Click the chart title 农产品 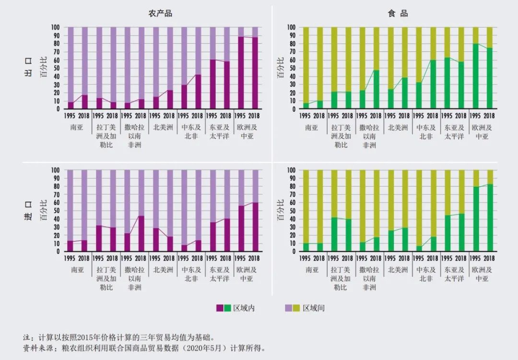coord(160,13)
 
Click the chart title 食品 coord(398,13)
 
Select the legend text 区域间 coord(314,308)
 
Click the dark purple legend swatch coord(220,308)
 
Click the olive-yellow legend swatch coord(296,308)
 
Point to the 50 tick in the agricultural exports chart coord(57,68)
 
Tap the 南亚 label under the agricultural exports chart coord(77,128)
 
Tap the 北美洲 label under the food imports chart coord(398,270)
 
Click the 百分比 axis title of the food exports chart coord(281,68)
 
